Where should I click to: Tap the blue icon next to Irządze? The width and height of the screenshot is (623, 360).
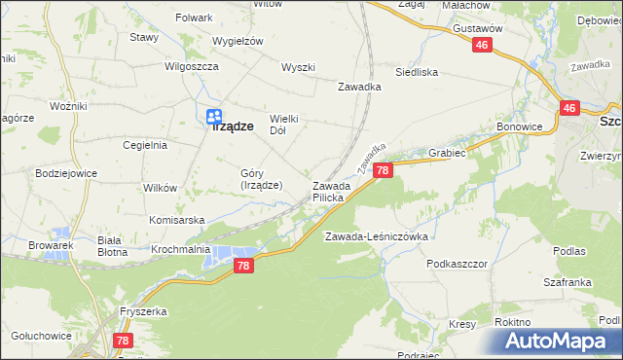(212, 116)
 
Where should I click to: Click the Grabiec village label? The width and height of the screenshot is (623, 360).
(447, 153)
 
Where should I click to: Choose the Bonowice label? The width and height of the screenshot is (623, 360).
(519, 127)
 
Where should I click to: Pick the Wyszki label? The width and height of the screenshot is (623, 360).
(298, 67)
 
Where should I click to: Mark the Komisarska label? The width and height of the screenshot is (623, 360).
(177, 220)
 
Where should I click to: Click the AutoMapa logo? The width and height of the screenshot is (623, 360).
(558, 342)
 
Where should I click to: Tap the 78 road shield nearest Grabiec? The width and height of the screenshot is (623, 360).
(383, 171)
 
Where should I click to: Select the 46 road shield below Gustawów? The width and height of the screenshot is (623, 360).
(483, 46)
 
